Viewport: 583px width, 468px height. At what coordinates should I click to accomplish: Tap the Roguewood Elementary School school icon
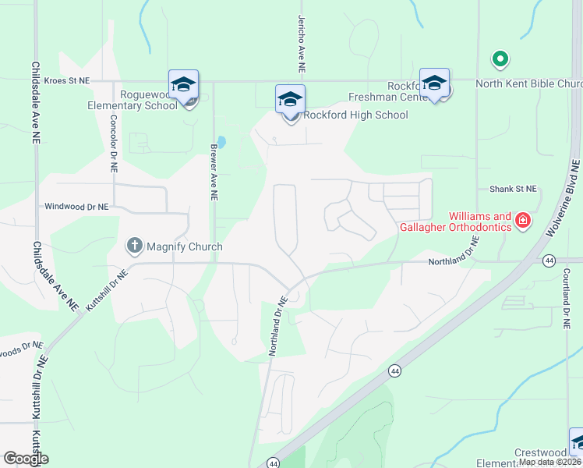point(183,84)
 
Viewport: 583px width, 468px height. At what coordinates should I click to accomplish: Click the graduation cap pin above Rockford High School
point(290,100)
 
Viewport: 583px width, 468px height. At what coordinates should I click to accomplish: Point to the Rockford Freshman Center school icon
point(434,83)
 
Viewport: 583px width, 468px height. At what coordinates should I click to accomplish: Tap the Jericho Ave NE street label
point(301,44)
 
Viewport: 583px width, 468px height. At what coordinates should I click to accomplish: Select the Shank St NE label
point(513,189)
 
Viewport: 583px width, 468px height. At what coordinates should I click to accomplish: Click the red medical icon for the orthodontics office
point(522,222)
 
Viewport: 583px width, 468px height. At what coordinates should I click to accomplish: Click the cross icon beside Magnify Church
point(134,246)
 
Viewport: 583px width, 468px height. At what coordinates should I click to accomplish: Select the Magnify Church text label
point(185,246)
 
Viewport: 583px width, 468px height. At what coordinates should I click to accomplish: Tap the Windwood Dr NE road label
point(76,207)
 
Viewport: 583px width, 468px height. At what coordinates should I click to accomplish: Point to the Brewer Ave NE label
point(212,172)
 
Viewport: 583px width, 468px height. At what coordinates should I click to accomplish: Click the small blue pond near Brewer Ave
point(222,143)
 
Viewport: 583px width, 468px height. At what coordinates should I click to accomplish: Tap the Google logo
point(26,459)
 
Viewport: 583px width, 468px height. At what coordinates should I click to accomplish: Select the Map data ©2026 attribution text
point(549,462)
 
